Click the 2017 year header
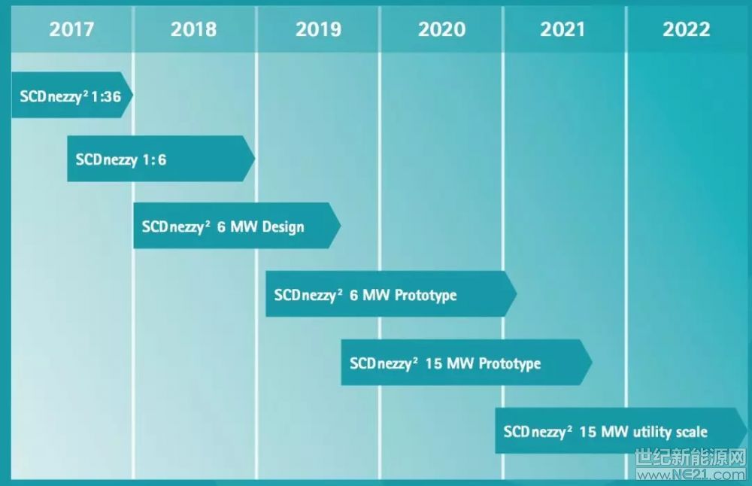coord(71,29)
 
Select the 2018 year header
coord(194,29)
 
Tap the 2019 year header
coord(318,29)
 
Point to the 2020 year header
coord(441,29)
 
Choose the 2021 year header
coord(562,29)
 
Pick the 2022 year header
coord(687,29)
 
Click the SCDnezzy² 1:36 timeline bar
coord(72,95)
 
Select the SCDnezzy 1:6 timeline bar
coord(161,158)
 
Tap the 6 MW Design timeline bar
coord(237,226)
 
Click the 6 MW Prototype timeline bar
coord(391,293)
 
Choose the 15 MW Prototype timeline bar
coord(466,362)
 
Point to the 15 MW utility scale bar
coord(621,431)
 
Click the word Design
coord(283,227)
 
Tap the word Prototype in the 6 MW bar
coord(426,295)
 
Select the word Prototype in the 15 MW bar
coord(509,363)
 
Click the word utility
coord(652,432)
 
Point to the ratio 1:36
coord(106,96)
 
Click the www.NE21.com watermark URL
coord(691,475)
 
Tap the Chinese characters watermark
coord(691,458)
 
